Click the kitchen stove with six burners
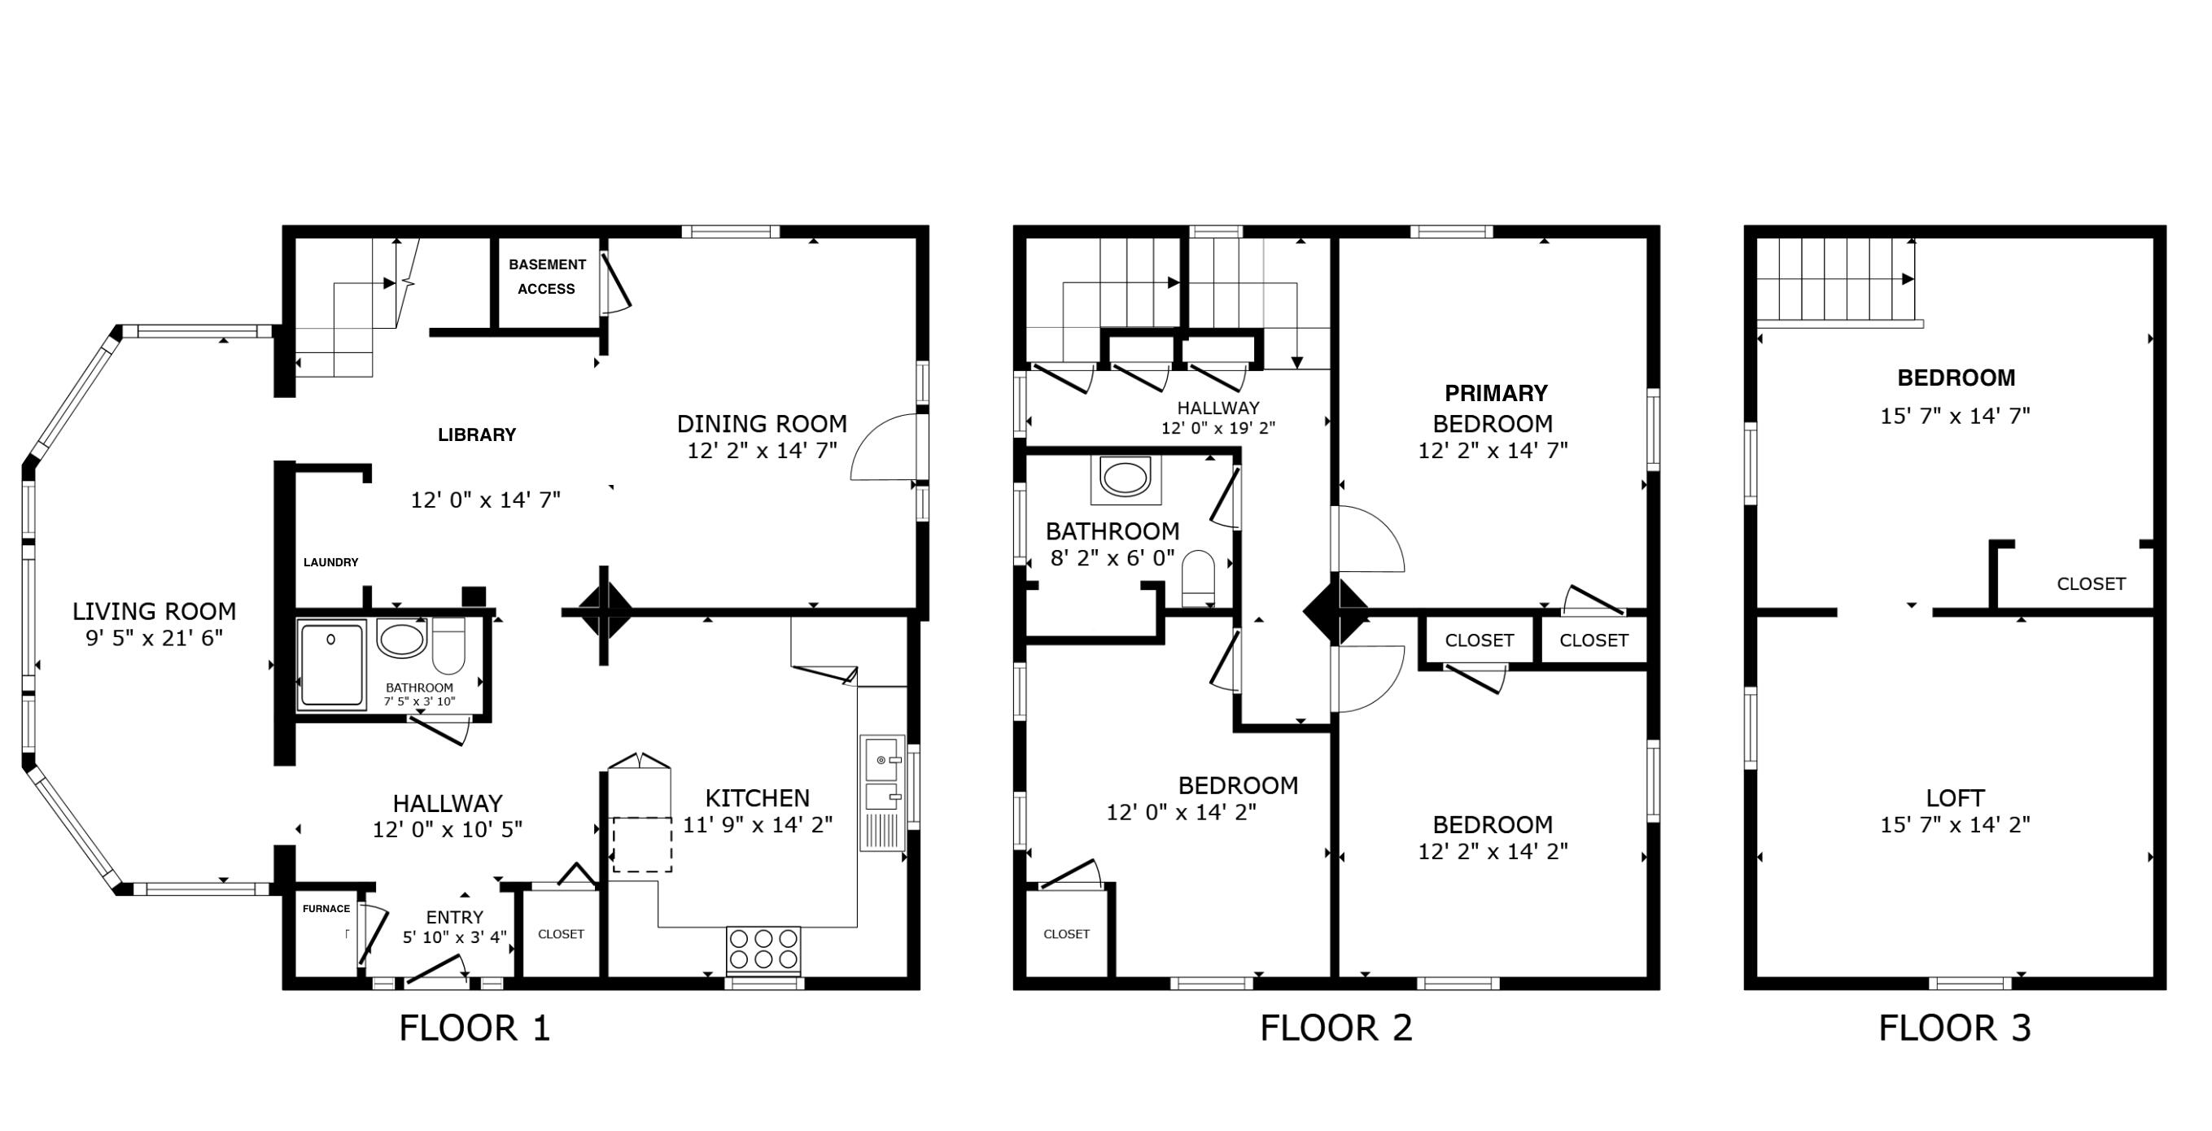(763, 949)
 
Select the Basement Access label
(547, 277)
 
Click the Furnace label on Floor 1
(326, 909)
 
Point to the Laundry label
(330, 562)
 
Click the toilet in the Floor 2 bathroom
(1198, 578)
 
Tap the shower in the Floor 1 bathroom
(331, 665)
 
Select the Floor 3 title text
(1954, 1028)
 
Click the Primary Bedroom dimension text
(1493, 451)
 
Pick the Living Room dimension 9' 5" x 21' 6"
(155, 638)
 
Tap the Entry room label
(454, 917)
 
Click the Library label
(477, 435)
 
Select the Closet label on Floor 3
(2091, 584)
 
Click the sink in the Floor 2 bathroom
(1125, 478)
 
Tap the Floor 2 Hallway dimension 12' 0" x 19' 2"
(1217, 428)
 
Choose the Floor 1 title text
(474, 1028)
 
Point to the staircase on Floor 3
(1836, 279)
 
